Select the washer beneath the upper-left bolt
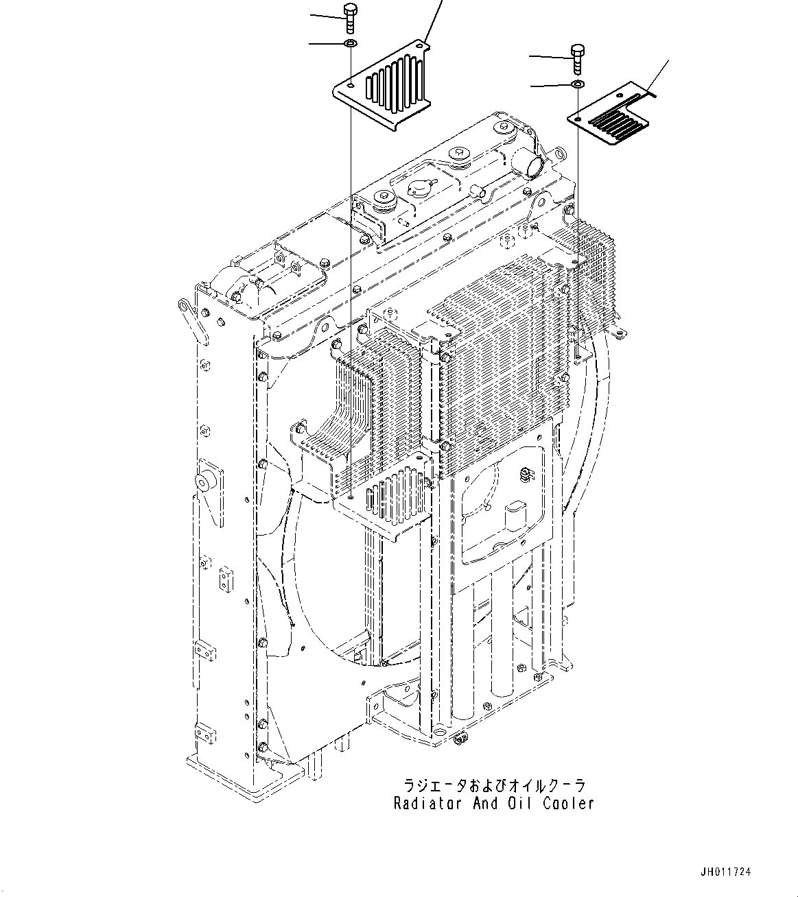click(x=351, y=45)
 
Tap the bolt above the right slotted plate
click(x=577, y=58)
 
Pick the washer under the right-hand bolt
click(x=578, y=84)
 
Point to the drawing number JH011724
click(x=726, y=872)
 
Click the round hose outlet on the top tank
click(x=532, y=165)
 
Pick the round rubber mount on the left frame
click(x=205, y=482)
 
